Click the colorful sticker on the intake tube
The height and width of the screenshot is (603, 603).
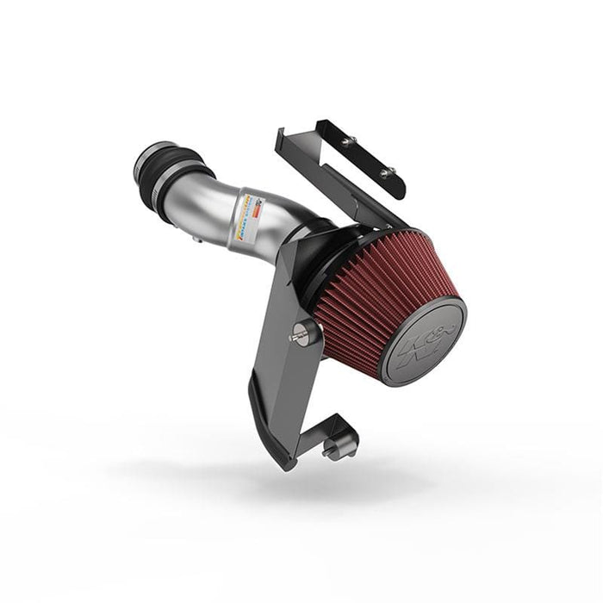click(244, 215)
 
